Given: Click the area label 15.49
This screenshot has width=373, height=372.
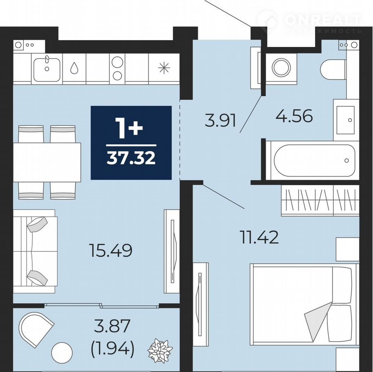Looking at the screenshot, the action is pos(111,251).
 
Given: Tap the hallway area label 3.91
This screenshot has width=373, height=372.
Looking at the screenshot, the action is pos(220,120).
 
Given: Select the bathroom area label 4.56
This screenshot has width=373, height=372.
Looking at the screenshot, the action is pos(294,117).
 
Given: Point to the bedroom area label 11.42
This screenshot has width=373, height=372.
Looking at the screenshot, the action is pos(260,238).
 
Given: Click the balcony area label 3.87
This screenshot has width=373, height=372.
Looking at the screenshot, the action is pos(112,326).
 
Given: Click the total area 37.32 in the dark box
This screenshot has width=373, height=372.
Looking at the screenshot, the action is pos(131,158).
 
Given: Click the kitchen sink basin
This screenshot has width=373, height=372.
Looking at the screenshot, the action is pos(47,69).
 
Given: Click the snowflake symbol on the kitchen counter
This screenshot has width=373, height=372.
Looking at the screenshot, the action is pos(164,68).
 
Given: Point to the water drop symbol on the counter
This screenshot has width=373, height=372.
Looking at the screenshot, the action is pos(74,68).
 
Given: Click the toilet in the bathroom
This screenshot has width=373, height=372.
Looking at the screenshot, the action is pos(333,69).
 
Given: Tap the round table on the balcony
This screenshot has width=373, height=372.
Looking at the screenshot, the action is pos(62,353).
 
